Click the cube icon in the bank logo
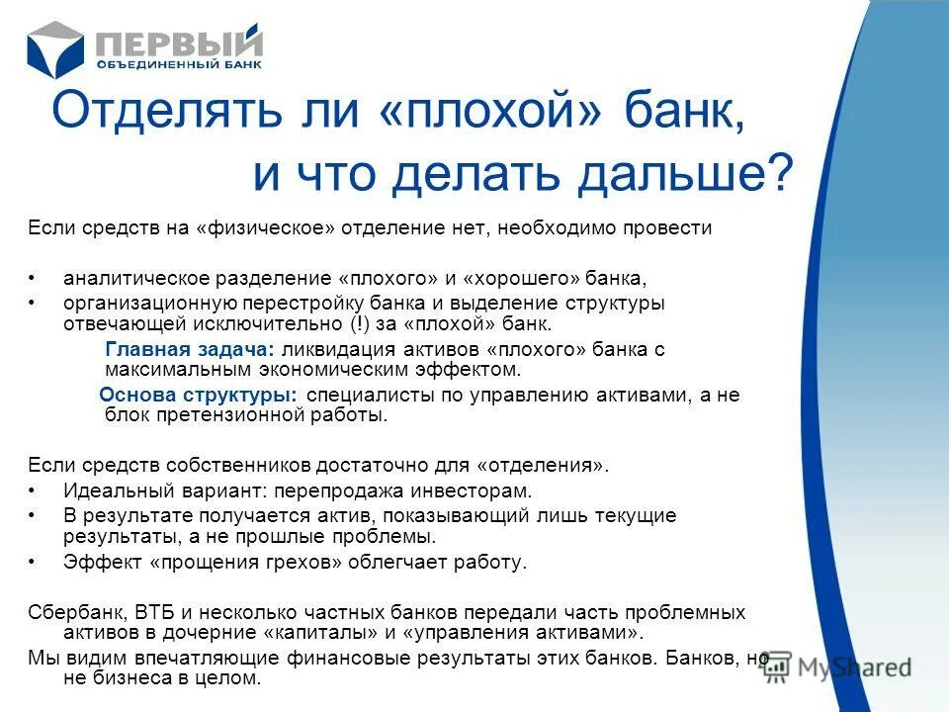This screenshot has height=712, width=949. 57,48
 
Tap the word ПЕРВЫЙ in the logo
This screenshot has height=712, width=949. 179,43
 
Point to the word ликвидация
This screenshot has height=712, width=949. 330,349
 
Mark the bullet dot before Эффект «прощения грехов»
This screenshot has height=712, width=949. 33,563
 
